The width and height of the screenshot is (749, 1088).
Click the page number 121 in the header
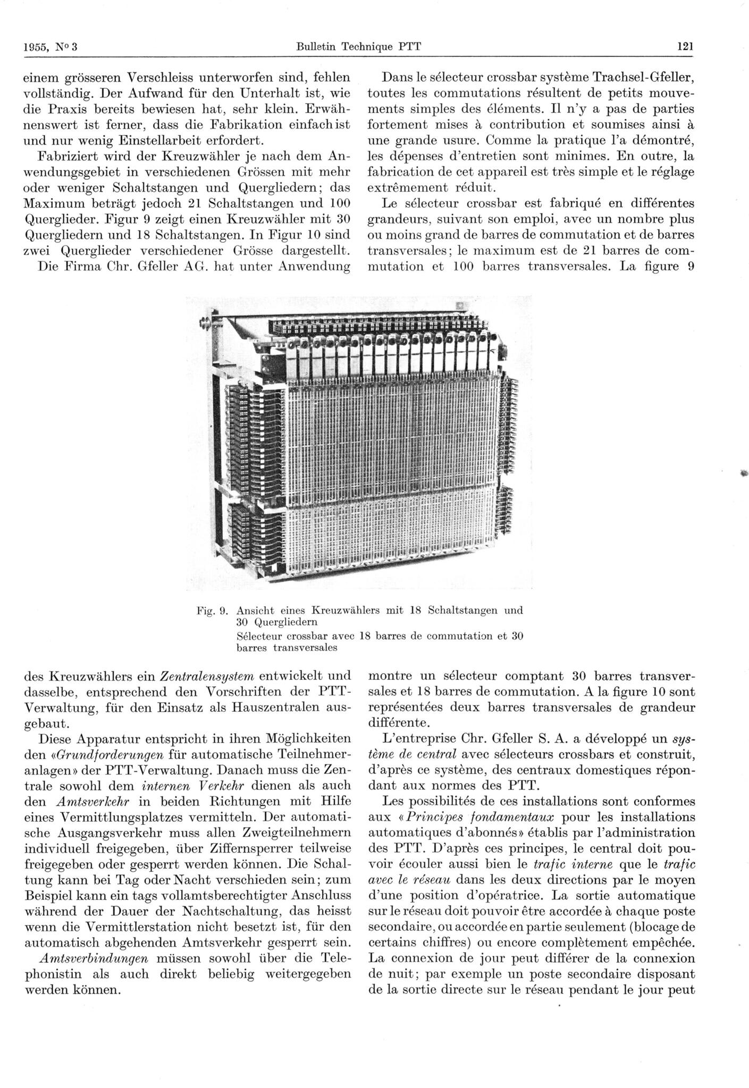[685, 46]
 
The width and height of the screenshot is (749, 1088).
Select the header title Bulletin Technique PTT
[359, 46]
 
